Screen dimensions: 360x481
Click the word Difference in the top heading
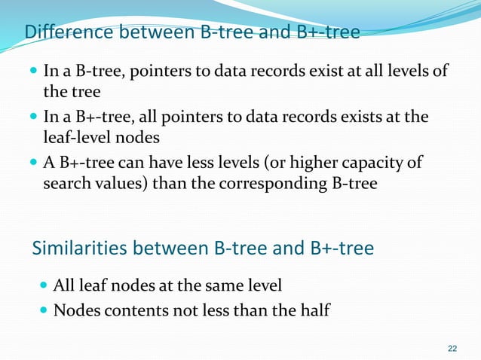point(62,32)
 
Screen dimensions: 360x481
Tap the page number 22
point(452,348)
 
